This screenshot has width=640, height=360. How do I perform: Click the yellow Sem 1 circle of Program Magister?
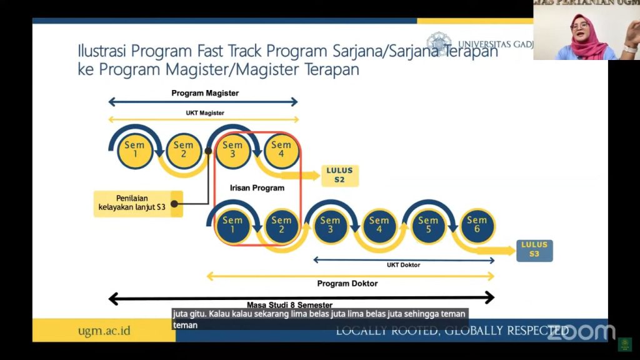[134, 151]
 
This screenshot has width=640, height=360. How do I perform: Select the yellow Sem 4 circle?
[281, 151]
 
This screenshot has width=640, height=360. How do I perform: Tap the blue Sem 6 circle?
[477, 226]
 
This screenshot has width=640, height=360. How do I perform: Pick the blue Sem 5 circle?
[428, 226]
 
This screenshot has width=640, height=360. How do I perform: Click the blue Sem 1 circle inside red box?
[232, 226]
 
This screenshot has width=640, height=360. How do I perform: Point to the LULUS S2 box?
[339, 176]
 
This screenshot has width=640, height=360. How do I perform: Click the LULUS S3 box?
[534, 250]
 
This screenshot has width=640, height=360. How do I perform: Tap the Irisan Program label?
[257, 187]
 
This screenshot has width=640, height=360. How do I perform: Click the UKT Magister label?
[204, 112]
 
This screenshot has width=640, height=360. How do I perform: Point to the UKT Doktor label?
[403, 265]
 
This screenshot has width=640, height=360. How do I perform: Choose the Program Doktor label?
[347, 283]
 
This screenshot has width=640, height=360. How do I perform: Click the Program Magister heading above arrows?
[205, 93]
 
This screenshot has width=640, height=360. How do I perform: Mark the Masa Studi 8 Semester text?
[289, 304]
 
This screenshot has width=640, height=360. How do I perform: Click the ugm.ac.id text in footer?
[104, 331]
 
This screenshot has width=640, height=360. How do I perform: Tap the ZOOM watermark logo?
[581, 332]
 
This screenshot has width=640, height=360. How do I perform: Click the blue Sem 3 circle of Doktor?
[330, 226]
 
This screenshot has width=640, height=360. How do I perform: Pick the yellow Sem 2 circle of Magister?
[183, 151]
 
